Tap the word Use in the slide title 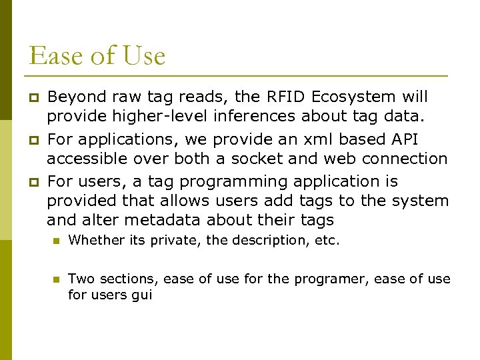click(x=143, y=55)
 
